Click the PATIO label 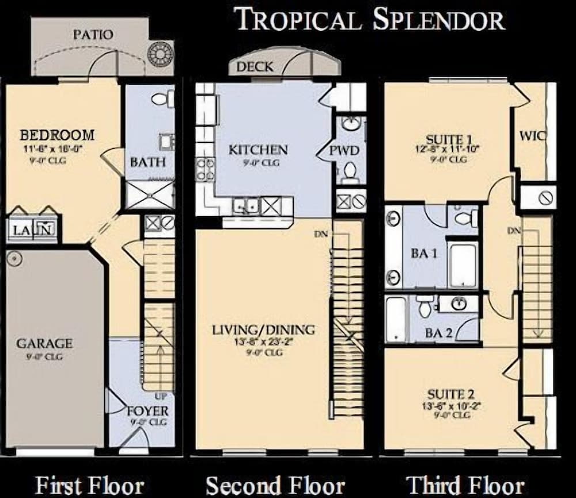point(93,35)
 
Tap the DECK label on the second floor point(255,67)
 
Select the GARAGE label point(44,344)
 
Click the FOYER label point(148,411)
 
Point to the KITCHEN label point(257,150)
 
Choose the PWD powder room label point(344,151)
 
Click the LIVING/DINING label point(263,330)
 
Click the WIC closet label point(532,137)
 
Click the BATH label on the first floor point(147,163)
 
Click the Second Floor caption point(275,485)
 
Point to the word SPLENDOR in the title point(438,20)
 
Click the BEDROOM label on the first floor point(57,135)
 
